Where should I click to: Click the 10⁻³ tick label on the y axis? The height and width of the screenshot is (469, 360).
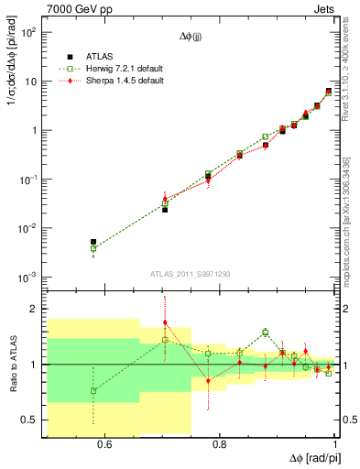point(27,278)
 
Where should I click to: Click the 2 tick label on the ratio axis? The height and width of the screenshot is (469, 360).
point(35,309)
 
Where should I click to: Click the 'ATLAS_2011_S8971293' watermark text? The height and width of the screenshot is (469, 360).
point(191,273)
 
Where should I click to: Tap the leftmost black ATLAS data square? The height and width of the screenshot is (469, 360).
point(93,242)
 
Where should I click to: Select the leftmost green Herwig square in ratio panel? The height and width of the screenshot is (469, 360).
point(93,391)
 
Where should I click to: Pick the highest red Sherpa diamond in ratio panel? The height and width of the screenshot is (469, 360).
point(165,322)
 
